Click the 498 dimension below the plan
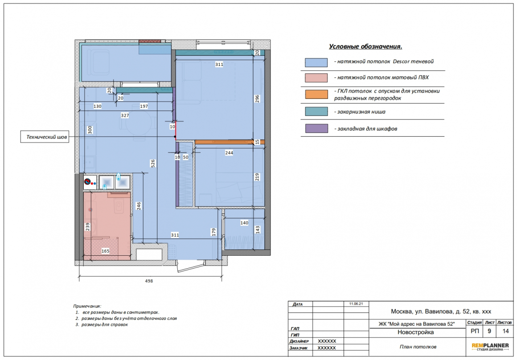coord(149,281)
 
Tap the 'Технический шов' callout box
coord(45,137)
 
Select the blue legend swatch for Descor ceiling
coord(316,62)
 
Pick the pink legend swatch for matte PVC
coord(316,78)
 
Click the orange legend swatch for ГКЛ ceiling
coord(316,94)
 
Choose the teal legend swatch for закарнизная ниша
coord(316,111)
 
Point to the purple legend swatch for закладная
coord(316,129)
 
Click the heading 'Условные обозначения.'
coord(365,46)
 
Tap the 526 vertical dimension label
coord(153,164)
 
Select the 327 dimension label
coord(125,115)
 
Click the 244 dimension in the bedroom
coord(229,153)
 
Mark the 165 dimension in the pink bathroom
coord(105,251)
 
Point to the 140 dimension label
coord(244,223)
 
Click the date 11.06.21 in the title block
coord(356,303)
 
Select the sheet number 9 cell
coord(489,331)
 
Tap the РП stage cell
coord(475,331)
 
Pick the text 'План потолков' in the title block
coord(418,347)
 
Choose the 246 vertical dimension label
coord(139,206)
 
